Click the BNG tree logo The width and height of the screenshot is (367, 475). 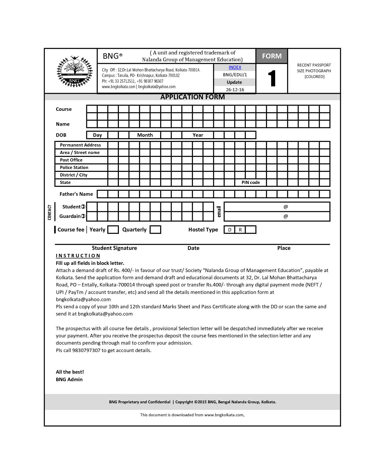(75, 71)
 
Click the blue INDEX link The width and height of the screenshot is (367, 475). (235, 67)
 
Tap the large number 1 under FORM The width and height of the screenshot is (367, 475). (272, 79)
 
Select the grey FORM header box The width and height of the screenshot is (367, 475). (271, 56)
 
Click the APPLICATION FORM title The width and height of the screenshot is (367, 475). (192, 97)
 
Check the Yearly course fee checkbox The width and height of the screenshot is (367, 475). (113, 230)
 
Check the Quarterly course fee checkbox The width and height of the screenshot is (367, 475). (155, 230)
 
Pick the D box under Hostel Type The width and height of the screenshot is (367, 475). (230, 230)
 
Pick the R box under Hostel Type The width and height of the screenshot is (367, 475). (240, 230)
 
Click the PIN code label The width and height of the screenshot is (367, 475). (251, 183)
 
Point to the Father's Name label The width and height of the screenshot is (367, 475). (76, 194)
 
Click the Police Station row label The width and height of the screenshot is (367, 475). (74, 168)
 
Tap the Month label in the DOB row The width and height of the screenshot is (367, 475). (145, 135)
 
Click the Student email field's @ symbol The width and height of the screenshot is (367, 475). (286, 207)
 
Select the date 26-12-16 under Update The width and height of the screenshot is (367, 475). (235, 90)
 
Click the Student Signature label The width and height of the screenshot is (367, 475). (114, 248)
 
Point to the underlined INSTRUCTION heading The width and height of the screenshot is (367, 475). (78, 256)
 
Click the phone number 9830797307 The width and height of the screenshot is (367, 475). (86, 350)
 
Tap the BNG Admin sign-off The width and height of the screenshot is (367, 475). (69, 379)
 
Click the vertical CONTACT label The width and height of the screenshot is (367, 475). (50, 212)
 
